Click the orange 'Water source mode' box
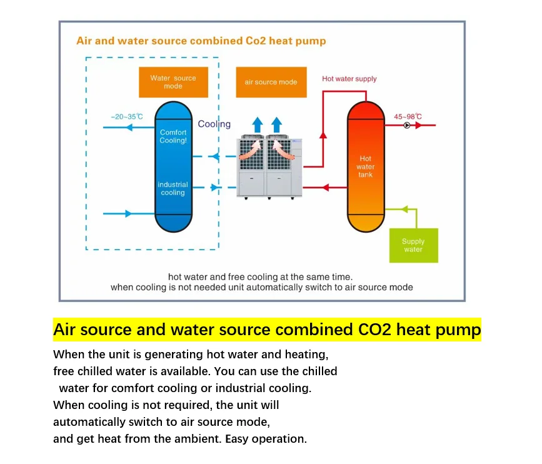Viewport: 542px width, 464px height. (173, 82)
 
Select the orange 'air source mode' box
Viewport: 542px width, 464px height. (271, 82)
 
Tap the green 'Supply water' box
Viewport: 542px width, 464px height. (413, 245)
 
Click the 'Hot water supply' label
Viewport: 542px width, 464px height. (349, 79)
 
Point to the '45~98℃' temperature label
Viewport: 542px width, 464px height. (408, 116)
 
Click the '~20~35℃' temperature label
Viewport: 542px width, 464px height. (127, 116)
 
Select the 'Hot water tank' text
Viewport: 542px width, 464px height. (366, 166)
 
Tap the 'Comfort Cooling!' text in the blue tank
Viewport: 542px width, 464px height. (173, 136)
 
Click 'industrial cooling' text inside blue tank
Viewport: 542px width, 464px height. (173, 188)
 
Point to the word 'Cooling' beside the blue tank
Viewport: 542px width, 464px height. (214, 124)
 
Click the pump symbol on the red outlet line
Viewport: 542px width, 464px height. (407, 126)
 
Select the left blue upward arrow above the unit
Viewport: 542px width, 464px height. (258, 124)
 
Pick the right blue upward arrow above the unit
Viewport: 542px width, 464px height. (276, 124)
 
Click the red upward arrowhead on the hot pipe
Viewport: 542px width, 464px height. (323, 134)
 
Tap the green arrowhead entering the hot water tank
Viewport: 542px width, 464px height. (405, 209)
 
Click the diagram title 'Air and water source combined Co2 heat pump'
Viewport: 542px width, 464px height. (201, 41)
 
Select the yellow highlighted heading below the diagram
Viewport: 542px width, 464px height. (267, 330)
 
